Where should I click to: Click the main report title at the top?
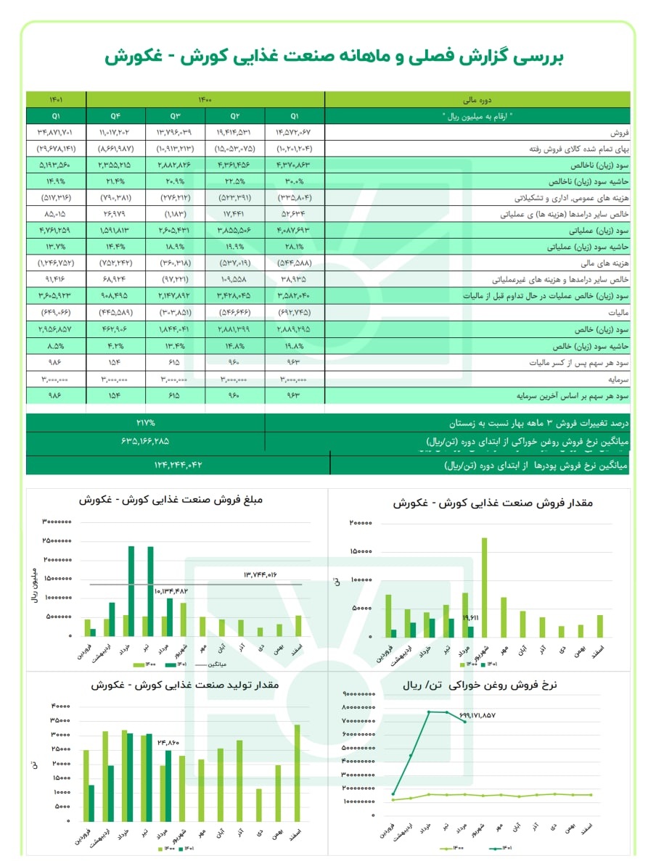tap(328, 56)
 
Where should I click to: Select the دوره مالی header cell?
tap(476, 100)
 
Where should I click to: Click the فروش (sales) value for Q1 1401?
tap(56, 133)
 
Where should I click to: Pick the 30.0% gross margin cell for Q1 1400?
tap(294, 181)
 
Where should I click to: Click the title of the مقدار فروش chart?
tap(477, 503)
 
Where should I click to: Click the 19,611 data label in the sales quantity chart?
tap(470, 618)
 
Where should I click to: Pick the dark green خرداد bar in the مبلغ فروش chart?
tap(131, 591)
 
